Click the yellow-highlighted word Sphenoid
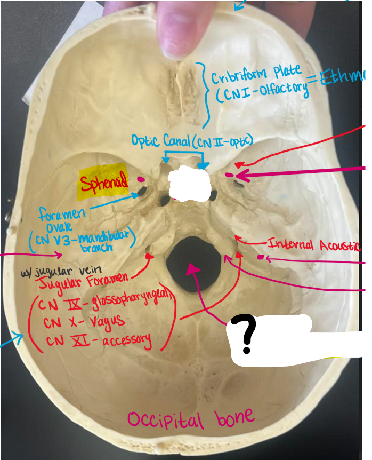pos(104,184)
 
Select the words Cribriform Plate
pos(256,75)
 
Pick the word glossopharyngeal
pos(128,304)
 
